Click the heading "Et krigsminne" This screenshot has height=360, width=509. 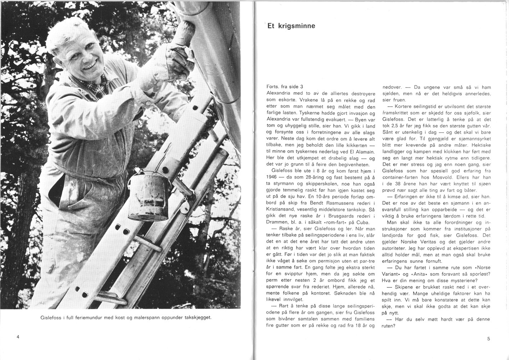[x=291, y=26]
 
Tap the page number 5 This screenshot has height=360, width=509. [x=488, y=338]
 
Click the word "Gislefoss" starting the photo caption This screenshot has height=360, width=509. [x=52, y=318]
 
